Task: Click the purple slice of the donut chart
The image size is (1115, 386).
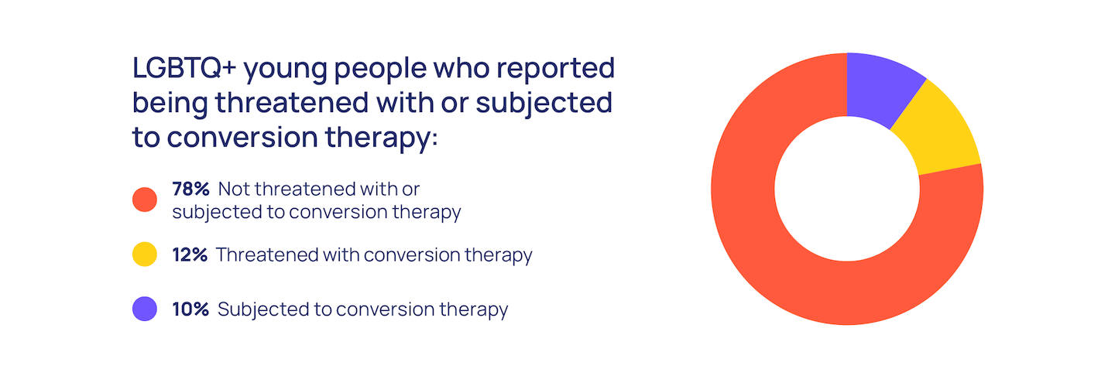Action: (x=881, y=87)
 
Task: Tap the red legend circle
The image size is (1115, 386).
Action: (x=145, y=200)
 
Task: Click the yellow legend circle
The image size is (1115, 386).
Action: (x=145, y=254)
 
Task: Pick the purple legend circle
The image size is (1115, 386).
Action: (x=145, y=309)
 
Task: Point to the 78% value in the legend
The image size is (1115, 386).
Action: (x=190, y=189)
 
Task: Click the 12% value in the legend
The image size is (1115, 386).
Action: (x=190, y=254)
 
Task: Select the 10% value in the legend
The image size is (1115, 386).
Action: (x=190, y=309)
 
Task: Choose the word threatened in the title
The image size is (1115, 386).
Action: (x=292, y=102)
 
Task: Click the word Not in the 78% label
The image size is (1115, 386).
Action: (x=234, y=189)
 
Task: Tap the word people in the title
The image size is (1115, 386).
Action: (x=380, y=70)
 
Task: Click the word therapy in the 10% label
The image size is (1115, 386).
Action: (x=473, y=310)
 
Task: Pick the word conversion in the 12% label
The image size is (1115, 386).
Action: (x=412, y=254)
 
